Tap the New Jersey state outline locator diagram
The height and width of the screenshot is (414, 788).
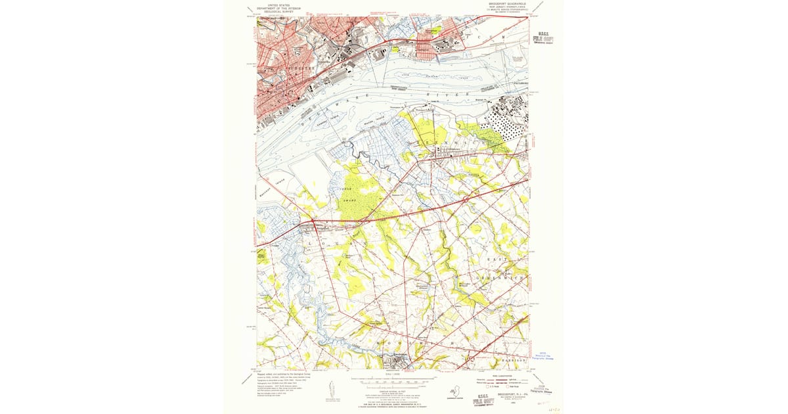point(462,391)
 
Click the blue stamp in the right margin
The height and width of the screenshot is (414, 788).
point(550,355)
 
